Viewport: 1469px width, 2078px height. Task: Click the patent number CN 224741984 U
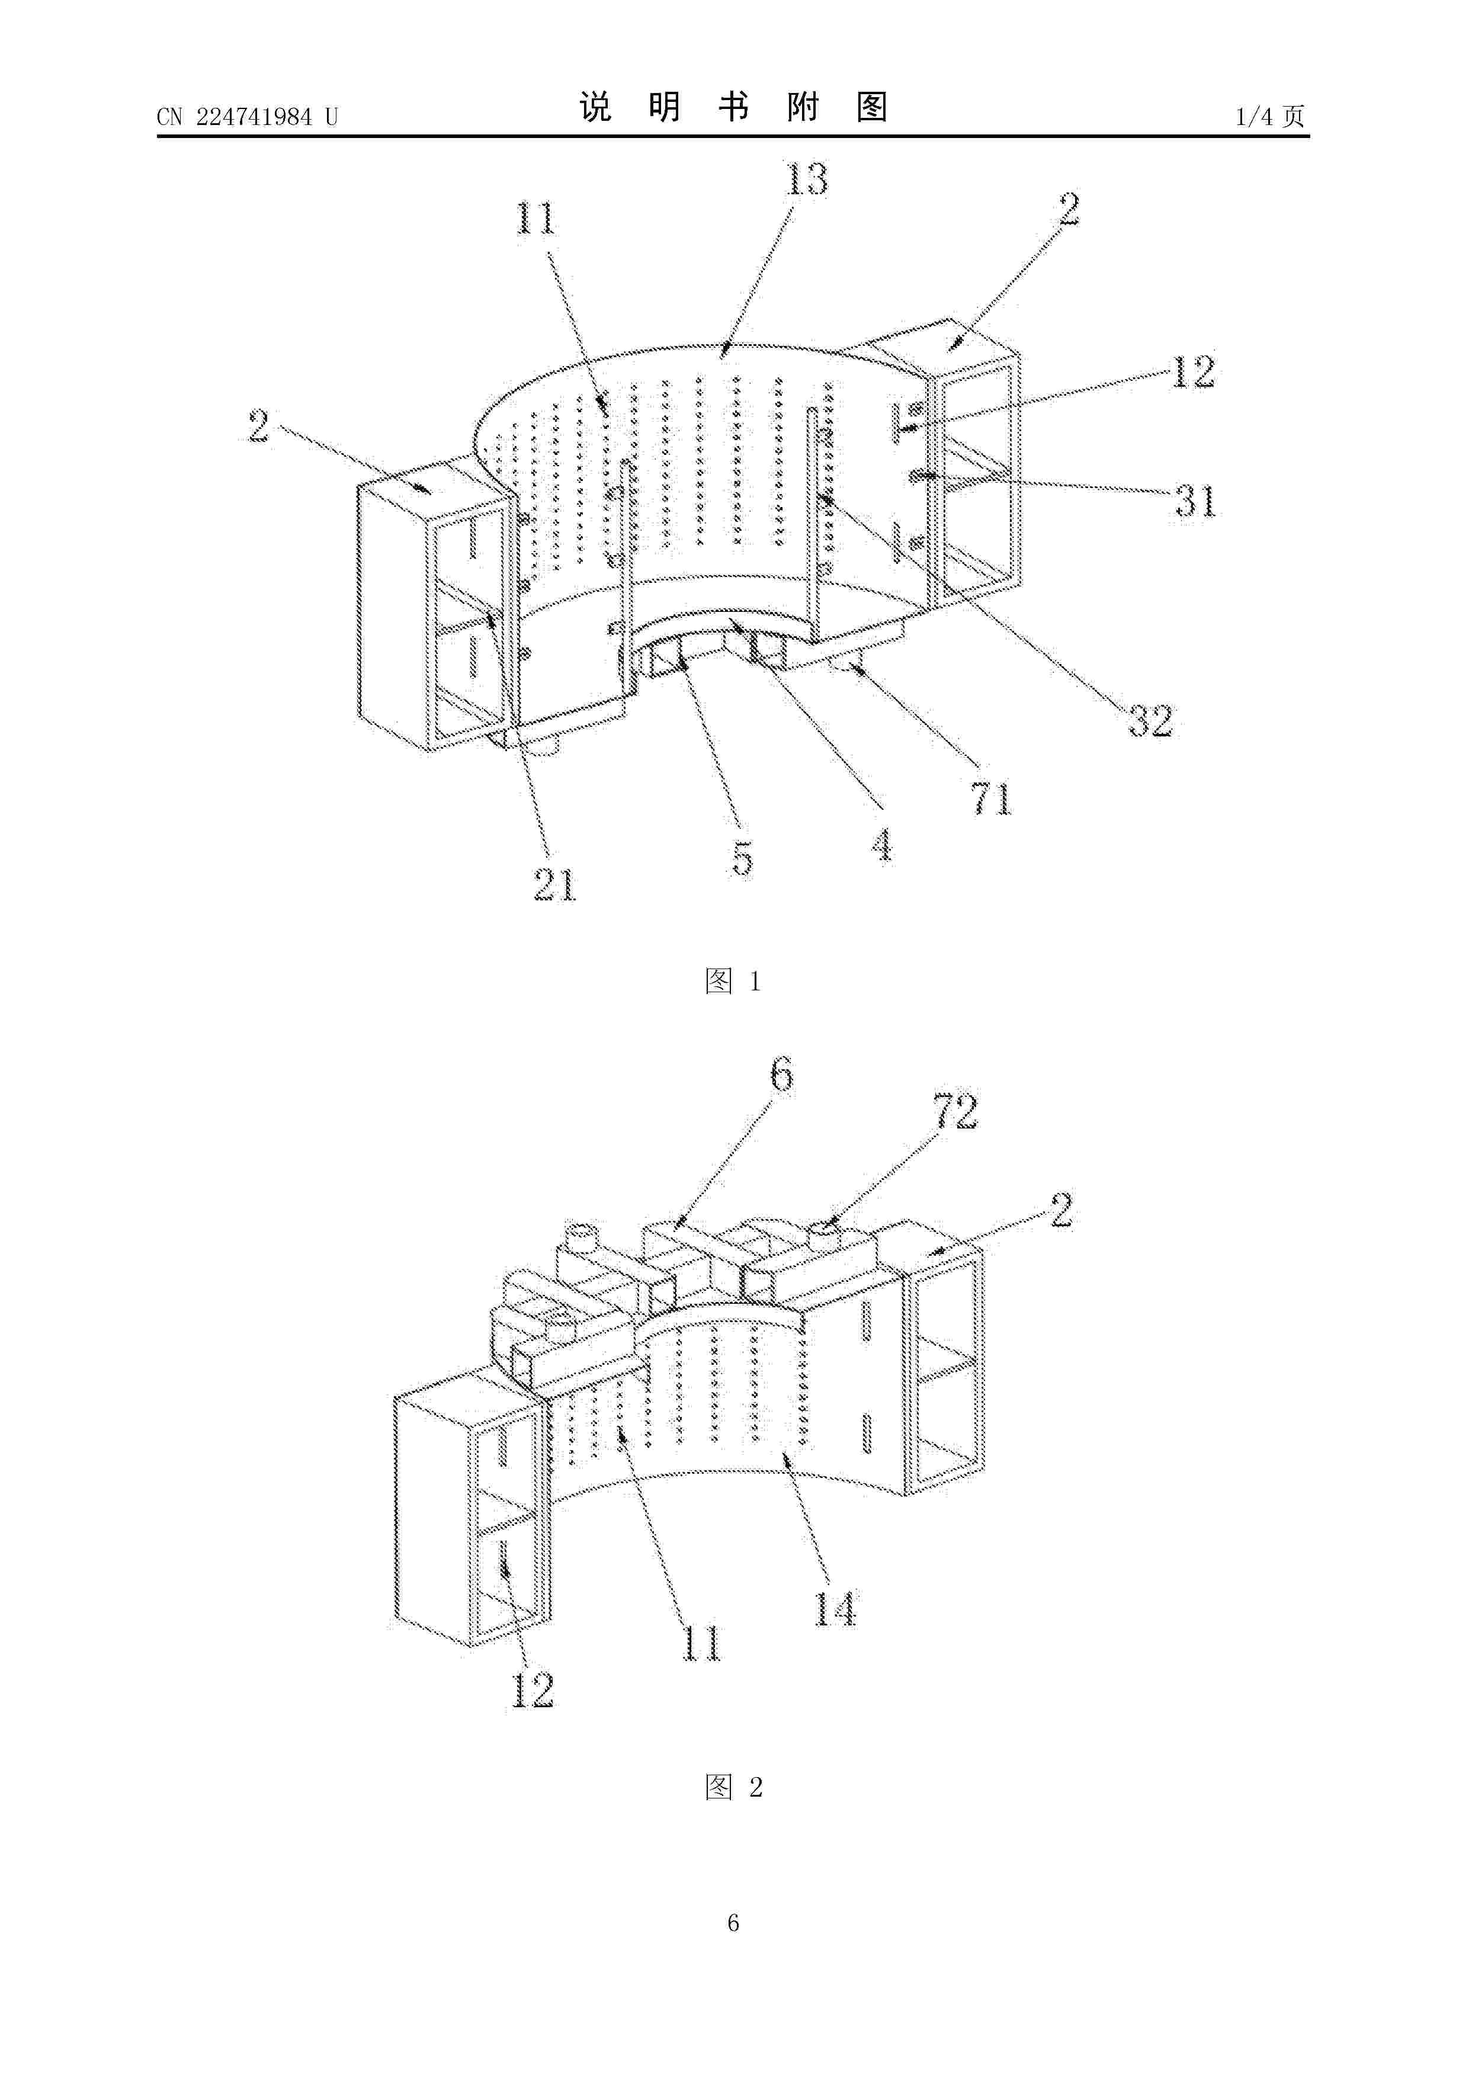(247, 117)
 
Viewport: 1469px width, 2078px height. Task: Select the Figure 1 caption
(733, 980)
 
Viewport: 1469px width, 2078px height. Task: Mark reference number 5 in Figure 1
(742, 858)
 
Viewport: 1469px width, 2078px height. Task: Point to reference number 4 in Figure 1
(881, 845)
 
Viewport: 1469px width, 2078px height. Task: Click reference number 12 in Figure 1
(1193, 372)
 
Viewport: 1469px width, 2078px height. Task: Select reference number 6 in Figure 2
(781, 1075)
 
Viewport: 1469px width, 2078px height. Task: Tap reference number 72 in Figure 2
(956, 1111)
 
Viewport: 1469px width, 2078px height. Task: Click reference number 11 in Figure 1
(535, 218)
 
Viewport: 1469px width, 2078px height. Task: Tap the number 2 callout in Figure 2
(1061, 1211)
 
